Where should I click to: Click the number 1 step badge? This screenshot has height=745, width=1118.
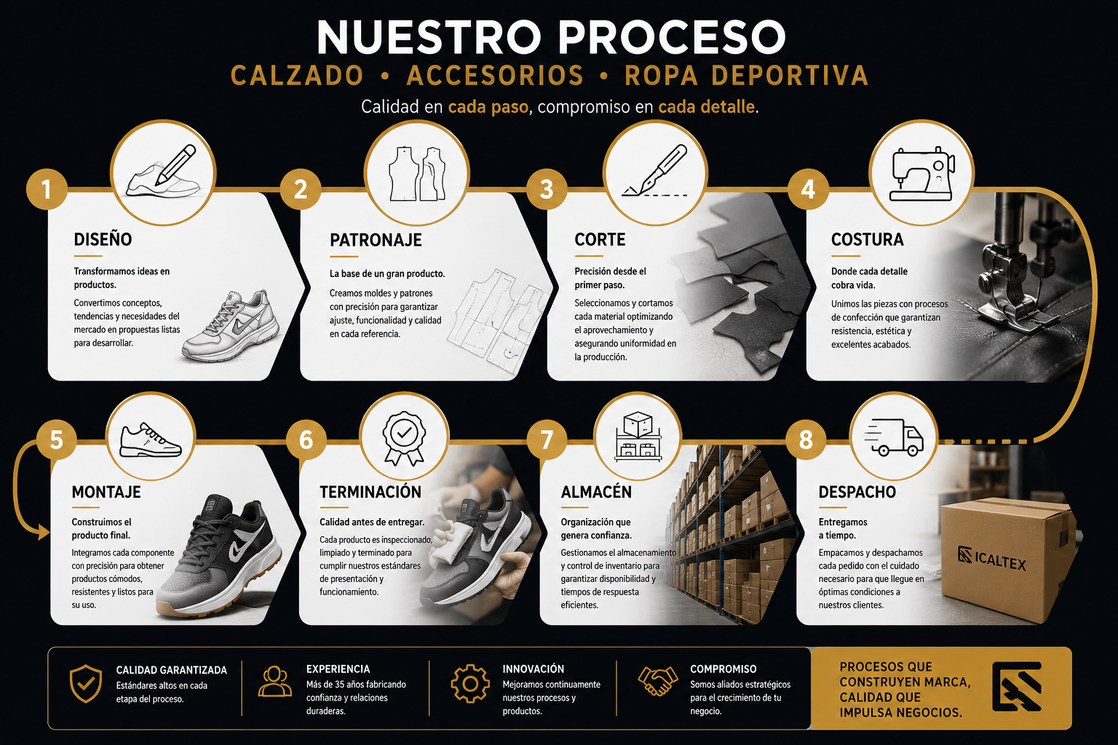tap(47, 189)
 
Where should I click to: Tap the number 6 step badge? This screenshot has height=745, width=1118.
tap(306, 439)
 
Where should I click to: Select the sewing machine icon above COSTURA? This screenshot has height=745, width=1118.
tap(922, 174)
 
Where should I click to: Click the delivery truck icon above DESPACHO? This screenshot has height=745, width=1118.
tap(893, 437)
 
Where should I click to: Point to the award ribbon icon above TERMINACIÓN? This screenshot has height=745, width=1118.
tap(404, 438)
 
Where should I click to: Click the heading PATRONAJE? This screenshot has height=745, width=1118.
tap(376, 240)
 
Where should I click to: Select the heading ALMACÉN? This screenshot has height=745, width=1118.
tap(596, 492)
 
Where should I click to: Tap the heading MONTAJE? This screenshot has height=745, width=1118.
tap(106, 492)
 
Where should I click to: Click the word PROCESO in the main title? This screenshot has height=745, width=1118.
tap(672, 37)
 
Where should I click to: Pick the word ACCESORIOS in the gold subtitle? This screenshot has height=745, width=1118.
tap(495, 76)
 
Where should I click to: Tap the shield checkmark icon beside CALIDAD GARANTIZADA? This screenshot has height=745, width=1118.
tap(86, 683)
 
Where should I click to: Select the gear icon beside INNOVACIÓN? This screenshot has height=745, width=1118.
tap(470, 684)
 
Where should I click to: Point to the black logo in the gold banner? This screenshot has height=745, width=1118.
tap(1017, 687)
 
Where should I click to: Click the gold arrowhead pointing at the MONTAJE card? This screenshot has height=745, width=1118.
tap(44, 533)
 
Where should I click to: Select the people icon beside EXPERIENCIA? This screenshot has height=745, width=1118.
tap(274, 681)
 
